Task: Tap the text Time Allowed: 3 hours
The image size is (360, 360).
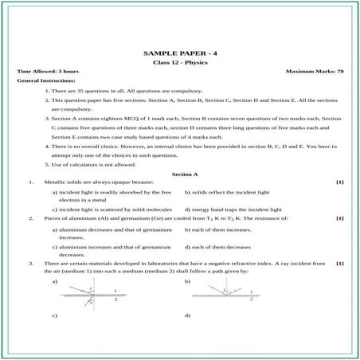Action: tap(45, 72)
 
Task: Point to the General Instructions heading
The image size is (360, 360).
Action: tap(46, 81)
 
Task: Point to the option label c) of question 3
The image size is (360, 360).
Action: tap(56, 316)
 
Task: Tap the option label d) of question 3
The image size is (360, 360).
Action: tap(187, 316)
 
